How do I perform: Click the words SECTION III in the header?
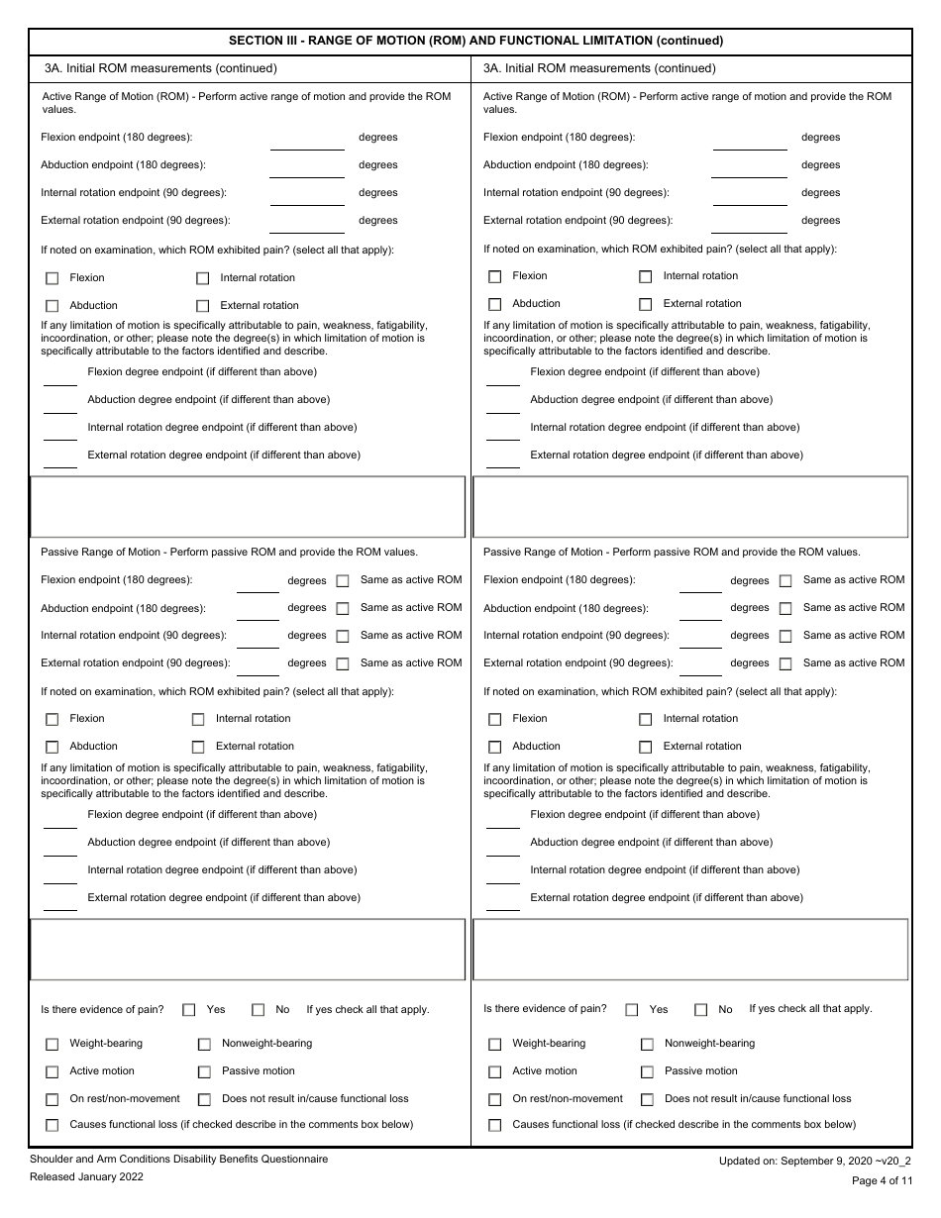[x=265, y=41]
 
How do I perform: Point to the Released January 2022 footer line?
[x=86, y=1176]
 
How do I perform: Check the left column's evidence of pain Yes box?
[x=189, y=1010]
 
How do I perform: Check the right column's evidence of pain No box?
[x=701, y=1010]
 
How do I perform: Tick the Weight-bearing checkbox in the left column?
[x=52, y=1044]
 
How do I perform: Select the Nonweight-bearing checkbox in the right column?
[x=647, y=1044]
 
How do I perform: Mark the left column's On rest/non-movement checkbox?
[x=52, y=1099]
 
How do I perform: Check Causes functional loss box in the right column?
[x=495, y=1125]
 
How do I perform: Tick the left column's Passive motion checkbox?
[x=204, y=1071]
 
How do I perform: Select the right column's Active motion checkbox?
[x=495, y=1071]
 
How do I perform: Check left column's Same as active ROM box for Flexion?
[x=343, y=581]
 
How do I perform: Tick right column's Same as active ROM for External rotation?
[x=785, y=664]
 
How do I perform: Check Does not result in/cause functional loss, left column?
[x=204, y=1099]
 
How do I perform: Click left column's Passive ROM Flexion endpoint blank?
[x=258, y=583]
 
